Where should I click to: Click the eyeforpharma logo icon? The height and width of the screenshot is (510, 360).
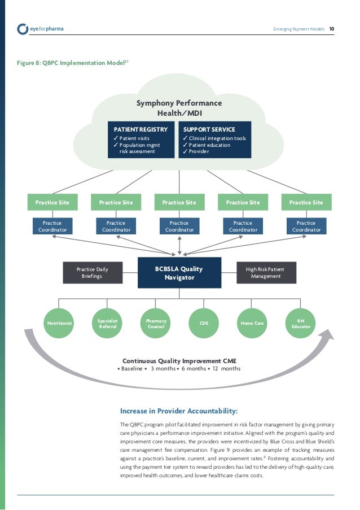click(23, 28)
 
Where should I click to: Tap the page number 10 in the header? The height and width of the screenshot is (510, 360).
click(332, 28)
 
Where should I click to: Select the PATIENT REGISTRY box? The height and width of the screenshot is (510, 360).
click(141, 140)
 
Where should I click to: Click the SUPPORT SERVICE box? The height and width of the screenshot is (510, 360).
click(215, 140)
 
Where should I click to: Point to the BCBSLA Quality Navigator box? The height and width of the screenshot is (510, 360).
click(179, 273)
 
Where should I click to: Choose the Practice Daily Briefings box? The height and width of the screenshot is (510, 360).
click(92, 273)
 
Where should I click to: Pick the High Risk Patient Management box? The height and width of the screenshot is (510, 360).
click(266, 273)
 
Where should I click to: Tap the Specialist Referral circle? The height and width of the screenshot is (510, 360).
click(107, 324)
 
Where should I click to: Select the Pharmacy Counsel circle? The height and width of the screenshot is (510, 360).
click(156, 324)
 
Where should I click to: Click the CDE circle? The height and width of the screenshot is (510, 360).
click(204, 324)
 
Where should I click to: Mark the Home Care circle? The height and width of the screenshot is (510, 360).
click(253, 324)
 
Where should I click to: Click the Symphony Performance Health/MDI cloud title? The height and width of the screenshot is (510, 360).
click(179, 108)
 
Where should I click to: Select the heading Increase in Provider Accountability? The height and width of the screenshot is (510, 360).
click(179, 411)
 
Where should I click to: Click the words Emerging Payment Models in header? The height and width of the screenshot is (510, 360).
click(298, 28)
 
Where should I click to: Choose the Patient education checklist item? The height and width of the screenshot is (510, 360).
click(210, 145)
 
